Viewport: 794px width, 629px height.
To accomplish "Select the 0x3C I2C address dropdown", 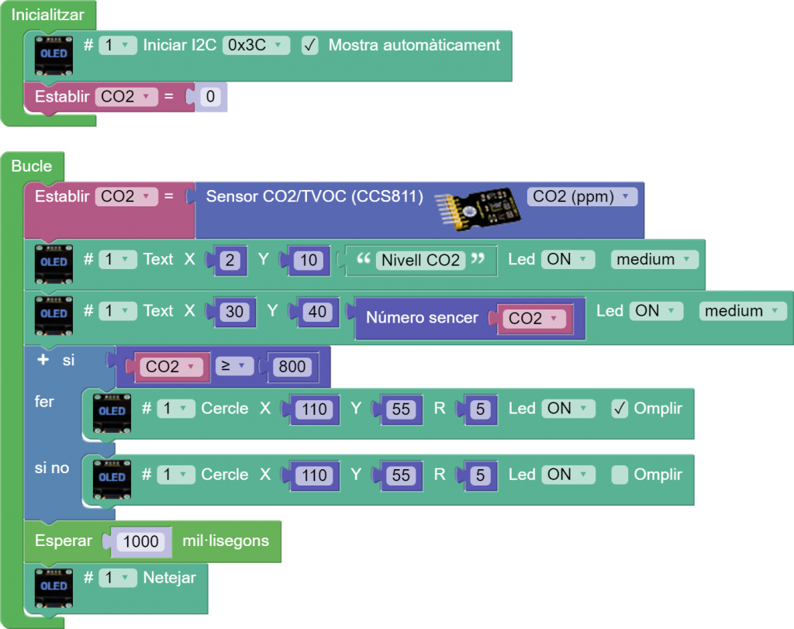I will [x=256, y=45].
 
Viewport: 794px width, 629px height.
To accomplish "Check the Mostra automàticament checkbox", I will [x=309, y=45].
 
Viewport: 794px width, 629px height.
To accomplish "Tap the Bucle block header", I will [x=32, y=165].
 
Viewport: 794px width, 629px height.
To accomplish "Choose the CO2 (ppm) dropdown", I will [x=582, y=196].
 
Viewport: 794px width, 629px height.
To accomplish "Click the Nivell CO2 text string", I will [x=421, y=260].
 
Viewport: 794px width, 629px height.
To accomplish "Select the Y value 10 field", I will [x=309, y=260].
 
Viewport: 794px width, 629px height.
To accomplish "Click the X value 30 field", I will [x=234, y=312].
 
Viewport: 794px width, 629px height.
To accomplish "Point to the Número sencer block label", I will [x=422, y=317].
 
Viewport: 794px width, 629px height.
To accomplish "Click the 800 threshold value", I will [x=292, y=366].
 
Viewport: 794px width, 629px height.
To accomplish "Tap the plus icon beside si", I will [x=43, y=361].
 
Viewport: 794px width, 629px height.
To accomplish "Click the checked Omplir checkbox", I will [x=620, y=408].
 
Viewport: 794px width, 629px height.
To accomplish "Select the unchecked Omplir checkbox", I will [x=620, y=475].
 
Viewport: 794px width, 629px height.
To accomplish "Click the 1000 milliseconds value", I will [x=140, y=541].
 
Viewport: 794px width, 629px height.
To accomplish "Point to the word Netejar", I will [x=169, y=577].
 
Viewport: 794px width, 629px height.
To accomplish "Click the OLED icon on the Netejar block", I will [x=54, y=587].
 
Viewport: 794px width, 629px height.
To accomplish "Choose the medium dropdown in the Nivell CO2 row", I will [x=654, y=260].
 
